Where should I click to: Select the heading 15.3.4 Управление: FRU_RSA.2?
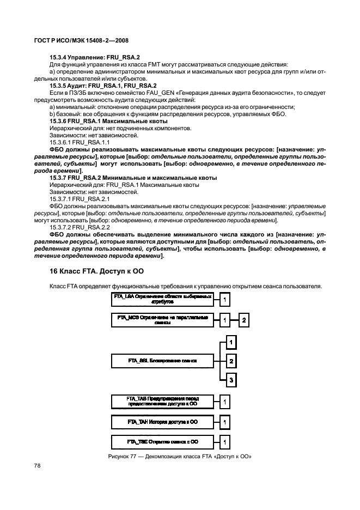click(x=95, y=57)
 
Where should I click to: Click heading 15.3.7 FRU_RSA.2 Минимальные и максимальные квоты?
click(x=133, y=178)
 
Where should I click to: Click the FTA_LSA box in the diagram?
click(x=161, y=299)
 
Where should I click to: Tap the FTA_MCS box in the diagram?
click(x=161, y=320)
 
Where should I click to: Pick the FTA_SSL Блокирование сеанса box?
click(x=161, y=361)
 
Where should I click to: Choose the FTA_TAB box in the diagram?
click(x=161, y=402)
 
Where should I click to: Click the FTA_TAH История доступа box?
click(x=161, y=422)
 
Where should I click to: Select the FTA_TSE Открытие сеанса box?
click(x=161, y=441)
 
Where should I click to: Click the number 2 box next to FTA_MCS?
click(x=245, y=320)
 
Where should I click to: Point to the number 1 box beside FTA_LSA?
click(x=224, y=299)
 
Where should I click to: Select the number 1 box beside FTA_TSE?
click(x=224, y=441)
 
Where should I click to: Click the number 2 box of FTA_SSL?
click(x=231, y=361)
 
